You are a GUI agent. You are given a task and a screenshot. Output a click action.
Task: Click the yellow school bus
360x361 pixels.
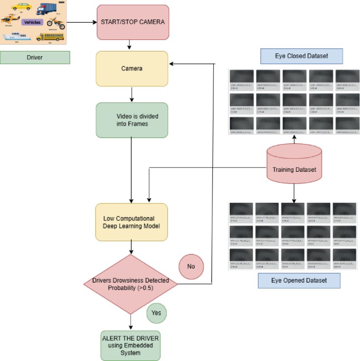tap(50, 37)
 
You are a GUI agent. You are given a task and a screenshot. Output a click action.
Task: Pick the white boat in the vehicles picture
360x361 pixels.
tap(16, 37)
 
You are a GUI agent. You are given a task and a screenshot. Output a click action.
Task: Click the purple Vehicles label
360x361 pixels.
tap(32, 23)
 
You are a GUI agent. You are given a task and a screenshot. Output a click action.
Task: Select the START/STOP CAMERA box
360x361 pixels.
tap(132, 22)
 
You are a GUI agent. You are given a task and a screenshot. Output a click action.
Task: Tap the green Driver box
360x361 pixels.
tap(35, 57)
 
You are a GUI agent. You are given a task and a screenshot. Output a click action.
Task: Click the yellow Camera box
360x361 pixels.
tap(132, 68)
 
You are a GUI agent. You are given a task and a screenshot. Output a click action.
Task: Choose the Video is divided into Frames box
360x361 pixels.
tap(132, 120)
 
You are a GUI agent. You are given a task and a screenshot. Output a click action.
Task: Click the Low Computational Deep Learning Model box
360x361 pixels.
tap(132, 222)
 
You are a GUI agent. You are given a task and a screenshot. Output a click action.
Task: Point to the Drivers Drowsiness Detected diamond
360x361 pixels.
tap(131, 284)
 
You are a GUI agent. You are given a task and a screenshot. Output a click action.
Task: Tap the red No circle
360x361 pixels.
tap(191, 266)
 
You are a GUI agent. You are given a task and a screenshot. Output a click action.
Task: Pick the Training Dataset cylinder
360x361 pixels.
tap(294, 166)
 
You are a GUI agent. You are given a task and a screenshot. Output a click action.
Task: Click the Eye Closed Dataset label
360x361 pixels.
tap(301, 56)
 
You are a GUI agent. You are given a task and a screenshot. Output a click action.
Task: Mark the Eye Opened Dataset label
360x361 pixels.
tap(299, 281)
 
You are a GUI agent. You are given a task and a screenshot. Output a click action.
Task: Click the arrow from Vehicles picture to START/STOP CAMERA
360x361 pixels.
tap(81, 23)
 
